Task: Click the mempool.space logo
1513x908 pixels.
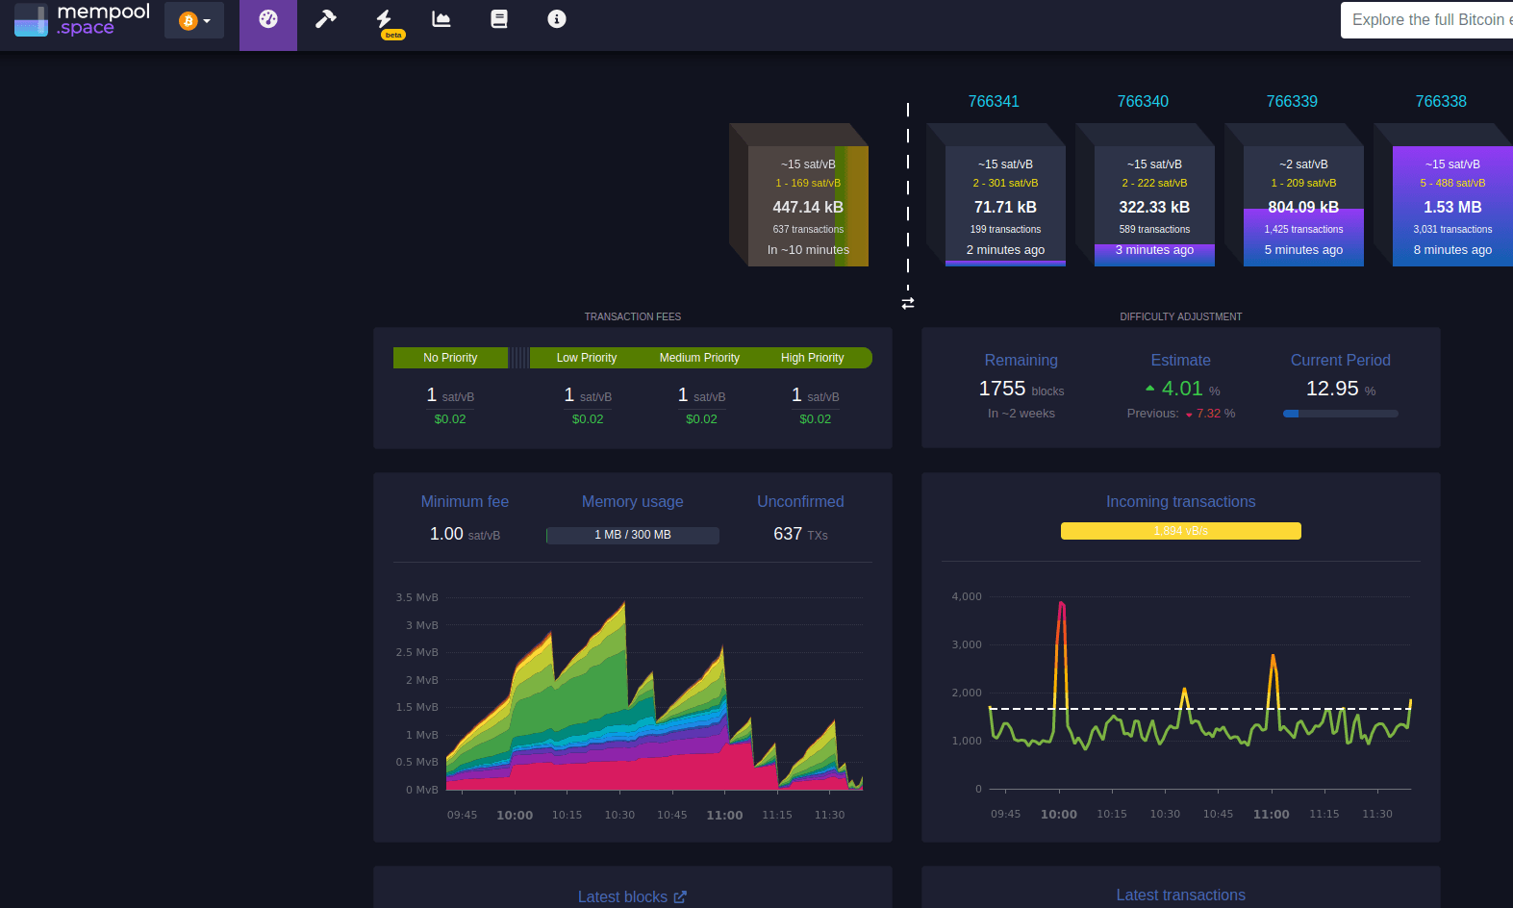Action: pos(83,19)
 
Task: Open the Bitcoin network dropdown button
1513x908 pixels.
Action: pos(194,20)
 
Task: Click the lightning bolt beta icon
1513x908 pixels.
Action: pos(385,21)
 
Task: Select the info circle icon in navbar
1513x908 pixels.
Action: pos(556,19)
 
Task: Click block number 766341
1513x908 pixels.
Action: pos(994,101)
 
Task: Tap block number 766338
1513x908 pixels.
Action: pos(1440,101)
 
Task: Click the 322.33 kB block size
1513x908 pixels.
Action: pos(1154,207)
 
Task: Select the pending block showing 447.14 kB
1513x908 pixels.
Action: pos(808,207)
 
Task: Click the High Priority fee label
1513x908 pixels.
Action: pos(812,358)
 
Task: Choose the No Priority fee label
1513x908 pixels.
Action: pos(450,358)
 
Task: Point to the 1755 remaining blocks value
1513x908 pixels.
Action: pos(1002,389)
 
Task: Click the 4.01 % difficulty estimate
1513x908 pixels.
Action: pos(1182,389)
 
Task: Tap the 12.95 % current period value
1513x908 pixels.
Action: pos(1332,389)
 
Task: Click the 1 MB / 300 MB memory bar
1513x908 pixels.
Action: pos(632,535)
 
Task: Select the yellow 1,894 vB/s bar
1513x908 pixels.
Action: pos(1180,531)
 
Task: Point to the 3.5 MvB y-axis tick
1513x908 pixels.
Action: pos(416,597)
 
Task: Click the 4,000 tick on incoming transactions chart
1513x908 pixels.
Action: pos(967,596)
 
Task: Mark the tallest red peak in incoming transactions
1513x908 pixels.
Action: pos(1061,604)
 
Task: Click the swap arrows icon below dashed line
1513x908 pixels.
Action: pos(907,303)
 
